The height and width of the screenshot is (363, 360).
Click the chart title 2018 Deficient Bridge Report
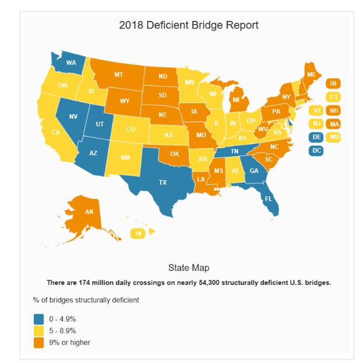[x=189, y=26]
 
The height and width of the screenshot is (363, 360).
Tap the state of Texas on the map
[x=163, y=182]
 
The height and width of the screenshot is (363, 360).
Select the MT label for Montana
[x=118, y=75]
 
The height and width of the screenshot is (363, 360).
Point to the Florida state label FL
[x=269, y=198]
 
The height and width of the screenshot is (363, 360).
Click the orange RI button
[x=333, y=83]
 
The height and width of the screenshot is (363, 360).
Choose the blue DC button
[x=316, y=150]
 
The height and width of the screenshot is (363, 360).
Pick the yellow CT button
[x=333, y=97]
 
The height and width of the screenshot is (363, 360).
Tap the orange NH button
[x=334, y=110]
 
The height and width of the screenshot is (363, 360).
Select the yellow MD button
[x=334, y=137]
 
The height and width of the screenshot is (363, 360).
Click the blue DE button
[x=316, y=137]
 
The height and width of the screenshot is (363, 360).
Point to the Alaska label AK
[x=89, y=212]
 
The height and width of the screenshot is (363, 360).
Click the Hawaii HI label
[x=139, y=234]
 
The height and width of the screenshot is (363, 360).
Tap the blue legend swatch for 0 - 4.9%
[x=39, y=319]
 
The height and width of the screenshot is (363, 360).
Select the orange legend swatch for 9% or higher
[x=39, y=342]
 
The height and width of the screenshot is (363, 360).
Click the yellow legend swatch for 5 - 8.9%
[x=39, y=330]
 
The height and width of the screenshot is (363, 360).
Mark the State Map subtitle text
[x=188, y=268]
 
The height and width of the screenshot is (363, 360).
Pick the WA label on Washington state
[x=71, y=63]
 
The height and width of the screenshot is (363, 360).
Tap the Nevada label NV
[x=73, y=116]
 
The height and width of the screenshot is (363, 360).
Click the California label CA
[x=55, y=132]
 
